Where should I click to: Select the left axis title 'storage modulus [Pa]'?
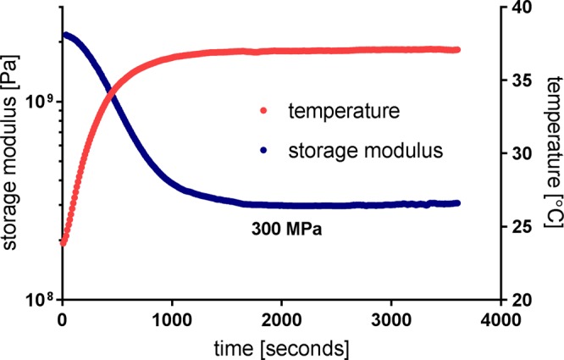(x=11, y=153)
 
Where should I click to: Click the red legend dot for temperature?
(x=263, y=110)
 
